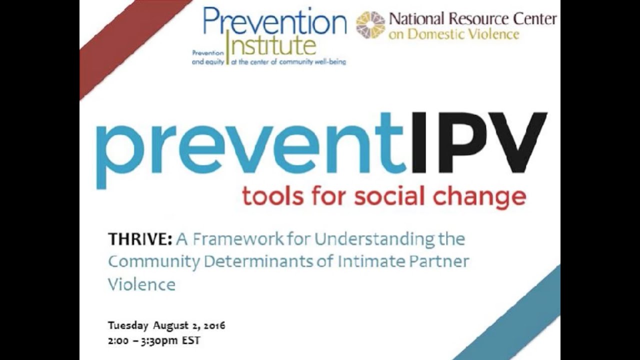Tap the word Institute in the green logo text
[x=272, y=45]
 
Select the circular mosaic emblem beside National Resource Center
[x=370, y=25]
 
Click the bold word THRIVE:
[x=140, y=239]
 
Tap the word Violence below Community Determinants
[x=141, y=284]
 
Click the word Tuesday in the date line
[x=128, y=326]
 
